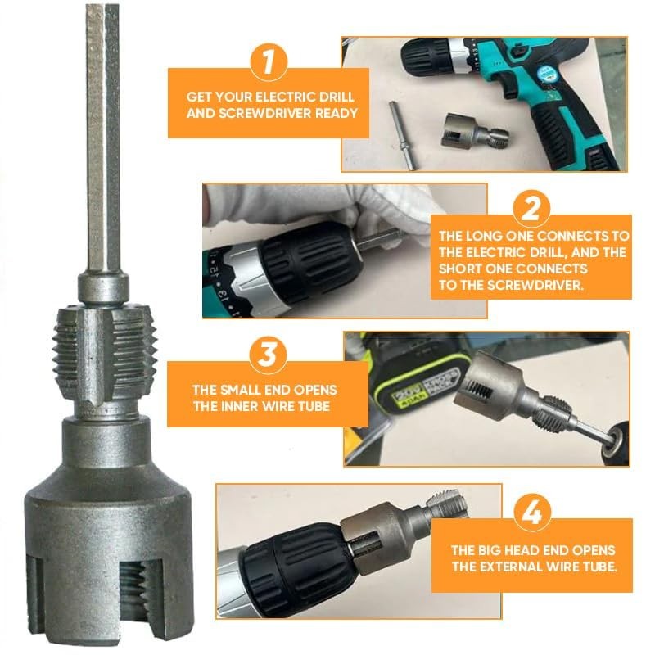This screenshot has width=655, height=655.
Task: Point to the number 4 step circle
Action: [531, 513]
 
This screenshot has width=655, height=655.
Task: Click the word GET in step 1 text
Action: [201, 95]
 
